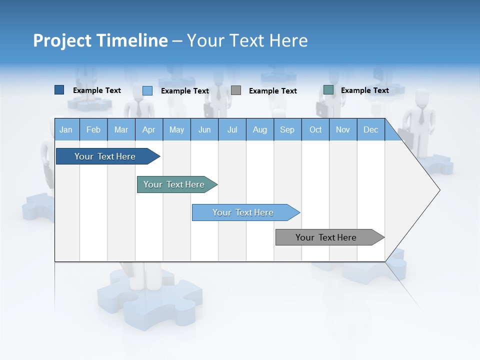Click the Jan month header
(x=66, y=130)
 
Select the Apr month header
(x=148, y=130)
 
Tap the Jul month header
(x=232, y=130)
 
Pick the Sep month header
(x=287, y=130)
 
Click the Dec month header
(x=370, y=130)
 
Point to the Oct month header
(x=315, y=130)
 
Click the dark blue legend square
(x=59, y=90)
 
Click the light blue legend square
(x=147, y=90)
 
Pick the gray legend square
(x=236, y=90)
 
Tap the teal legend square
(x=328, y=90)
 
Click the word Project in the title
(x=62, y=40)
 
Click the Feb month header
(x=93, y=130)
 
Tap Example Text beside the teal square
(x=364, y=90)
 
